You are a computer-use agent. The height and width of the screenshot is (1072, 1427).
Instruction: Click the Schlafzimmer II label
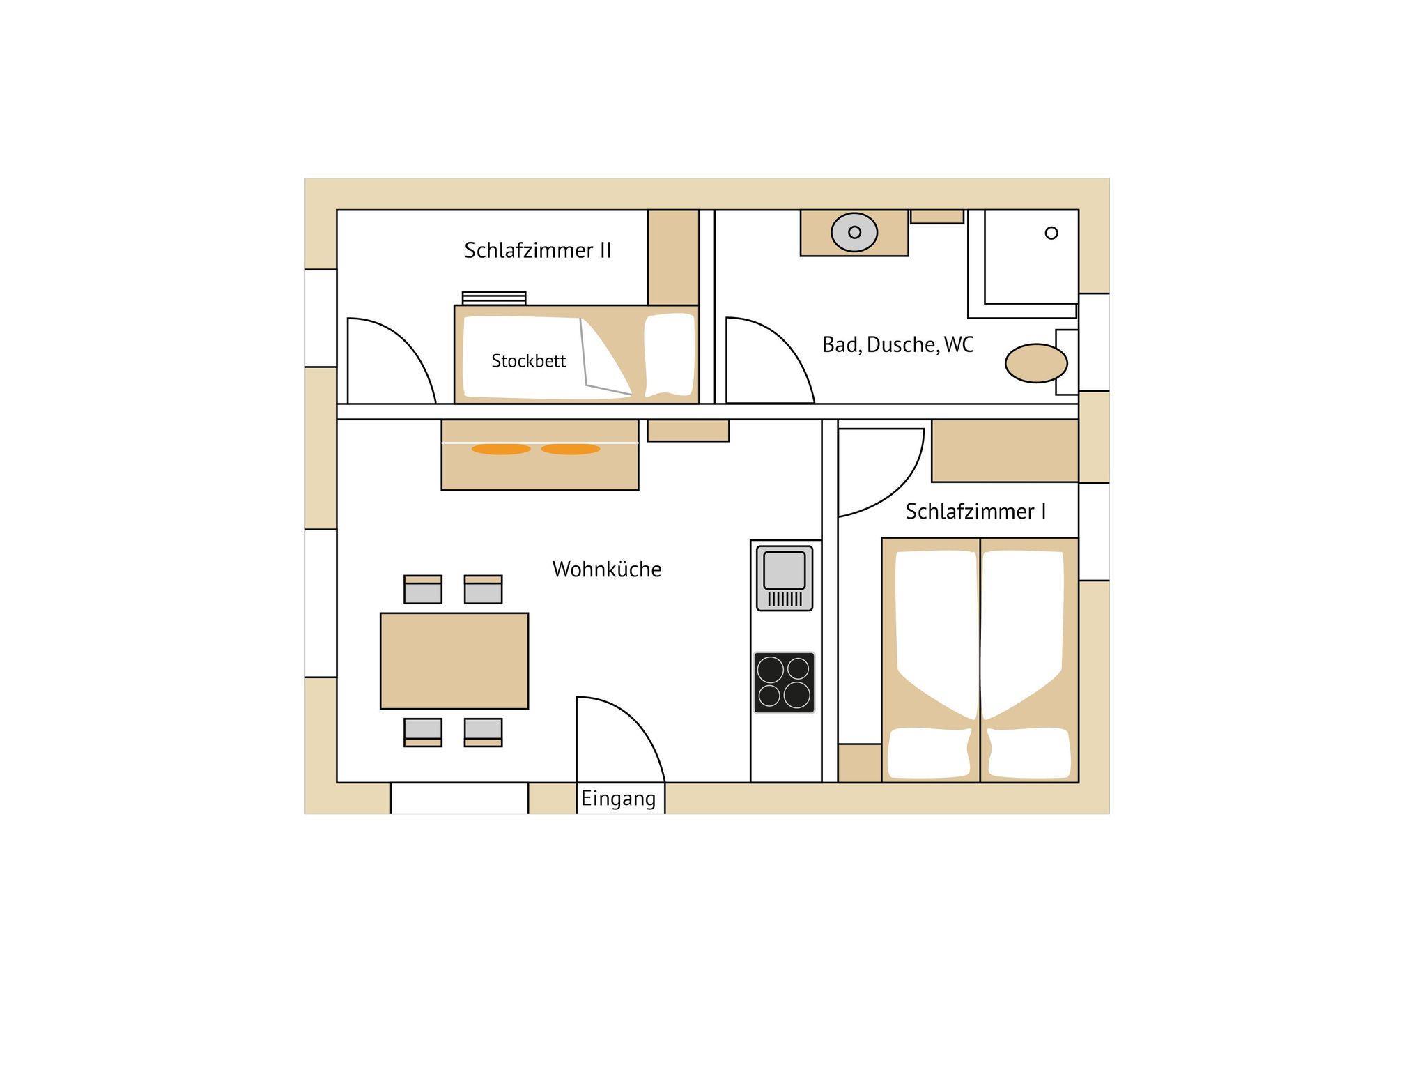pyautogui.click(x=538, y=250)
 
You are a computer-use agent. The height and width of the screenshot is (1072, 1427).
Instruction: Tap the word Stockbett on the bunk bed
pyautogui.click(x=528, y=361)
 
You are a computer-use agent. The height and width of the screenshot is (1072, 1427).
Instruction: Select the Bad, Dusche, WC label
pyautogui.click(x=897, y=345)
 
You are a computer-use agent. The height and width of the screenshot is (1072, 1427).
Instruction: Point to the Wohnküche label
pyautogui.click(x=607, y=569)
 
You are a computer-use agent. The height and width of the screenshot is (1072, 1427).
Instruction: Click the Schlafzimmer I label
pyautogui.click(x=975, y=511)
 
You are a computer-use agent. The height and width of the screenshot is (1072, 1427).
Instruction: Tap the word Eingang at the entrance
pyautogui.click(x=619, y=799)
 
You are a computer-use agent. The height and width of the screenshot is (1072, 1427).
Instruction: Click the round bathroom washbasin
pyautogui.click(x=854, y=232)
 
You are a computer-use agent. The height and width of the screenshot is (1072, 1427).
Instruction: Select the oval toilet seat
pyautogui.click(x=1036, y=363)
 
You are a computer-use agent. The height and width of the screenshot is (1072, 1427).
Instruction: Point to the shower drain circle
pyautogui.click(x=1051, y=233)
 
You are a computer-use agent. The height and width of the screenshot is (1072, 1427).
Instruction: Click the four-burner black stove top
pyautogui.click(x=784, y=682)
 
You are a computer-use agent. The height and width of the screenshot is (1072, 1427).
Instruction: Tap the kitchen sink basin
pyautogui.click(x=785, y=570)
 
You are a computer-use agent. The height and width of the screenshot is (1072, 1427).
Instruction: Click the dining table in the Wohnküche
pyautogui.click(x=454, y=661)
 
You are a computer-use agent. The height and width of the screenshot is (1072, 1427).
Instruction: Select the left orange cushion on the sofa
pyautogui.click(x=501, y=449)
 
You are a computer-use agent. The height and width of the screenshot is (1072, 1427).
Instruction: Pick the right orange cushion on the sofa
pyautogui.click(x=571, y=449)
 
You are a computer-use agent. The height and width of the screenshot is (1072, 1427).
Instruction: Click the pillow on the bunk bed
pyautogui.click(x=669, y=355)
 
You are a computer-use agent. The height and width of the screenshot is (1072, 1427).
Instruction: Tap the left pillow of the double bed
pyautogui.click(x=929, y=753)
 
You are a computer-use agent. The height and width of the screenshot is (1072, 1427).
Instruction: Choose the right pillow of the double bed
pyautogui.click(x=1029, y=753)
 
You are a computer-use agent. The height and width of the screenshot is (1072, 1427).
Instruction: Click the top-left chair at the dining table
pyautogui.click(x=423, y=589)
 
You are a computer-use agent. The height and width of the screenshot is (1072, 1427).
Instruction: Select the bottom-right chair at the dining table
pyautogui.click(x=483, y=733)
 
